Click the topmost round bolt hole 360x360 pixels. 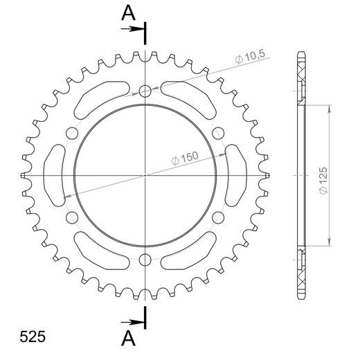[145, 91]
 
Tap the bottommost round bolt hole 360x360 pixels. [145, 260]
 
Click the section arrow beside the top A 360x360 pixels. [131, 30]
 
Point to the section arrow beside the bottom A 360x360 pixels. [131, 321]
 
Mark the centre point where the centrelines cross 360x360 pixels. [145, 175]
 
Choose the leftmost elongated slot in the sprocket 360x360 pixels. [53, 175]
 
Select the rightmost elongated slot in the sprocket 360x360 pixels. [236, 175]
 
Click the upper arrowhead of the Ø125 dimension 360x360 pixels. [329, 108]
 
